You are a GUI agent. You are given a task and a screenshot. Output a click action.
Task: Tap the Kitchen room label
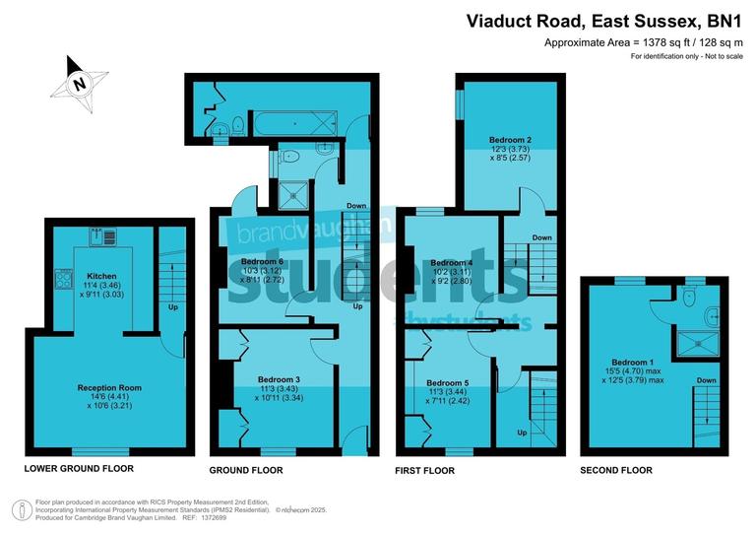coord(101,276)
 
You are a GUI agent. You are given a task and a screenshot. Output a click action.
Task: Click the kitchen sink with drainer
coord(103,236)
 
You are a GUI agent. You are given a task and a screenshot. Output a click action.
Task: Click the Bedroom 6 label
coord(263,261)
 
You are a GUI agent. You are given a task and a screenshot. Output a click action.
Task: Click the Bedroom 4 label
coord(452,263)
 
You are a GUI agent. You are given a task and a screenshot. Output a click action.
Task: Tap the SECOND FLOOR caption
coord(617,470)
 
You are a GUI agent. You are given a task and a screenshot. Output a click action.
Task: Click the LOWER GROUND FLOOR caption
coord(79,468)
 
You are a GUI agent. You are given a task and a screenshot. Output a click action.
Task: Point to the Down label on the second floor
coord(706,379)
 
